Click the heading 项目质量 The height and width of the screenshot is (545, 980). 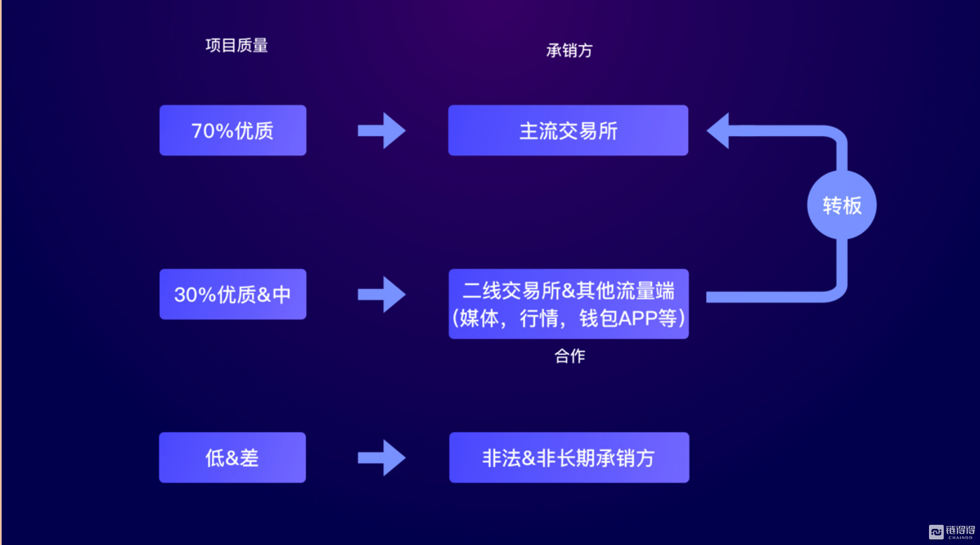pyautogui.click(x=236, y=45)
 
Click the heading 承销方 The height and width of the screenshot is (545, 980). pyautogui.click(x=569, y=50)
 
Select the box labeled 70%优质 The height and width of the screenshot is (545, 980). pyautogui.click(x=233, y=130)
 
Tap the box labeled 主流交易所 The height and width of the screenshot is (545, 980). pyautogui.click(x=568, y=130)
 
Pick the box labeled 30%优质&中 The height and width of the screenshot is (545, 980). pyautogui.click(x=233, y=294)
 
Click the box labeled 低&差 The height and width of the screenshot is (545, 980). pyautogui.click(x=232, y=457)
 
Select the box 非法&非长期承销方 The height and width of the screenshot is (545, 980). pyautogui.click(x=569, y=457)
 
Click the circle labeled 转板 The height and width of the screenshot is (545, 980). pyautogui.click(x=842, y=205)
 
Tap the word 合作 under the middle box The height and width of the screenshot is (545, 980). pyautogui.click(x=570, y=356)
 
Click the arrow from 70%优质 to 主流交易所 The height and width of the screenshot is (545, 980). pyautogui.click(x=381, y=131)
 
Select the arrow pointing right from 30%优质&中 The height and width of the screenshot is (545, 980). pyautogui.click(x=381, y=294)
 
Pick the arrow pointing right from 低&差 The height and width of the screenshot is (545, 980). pyautogui.click(x=381, y=458)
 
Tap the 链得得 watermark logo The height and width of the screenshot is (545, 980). pyautogui.click(x=952, y=532)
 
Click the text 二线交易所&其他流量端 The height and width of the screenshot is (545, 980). pyautogui.click(x=568, y=291)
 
